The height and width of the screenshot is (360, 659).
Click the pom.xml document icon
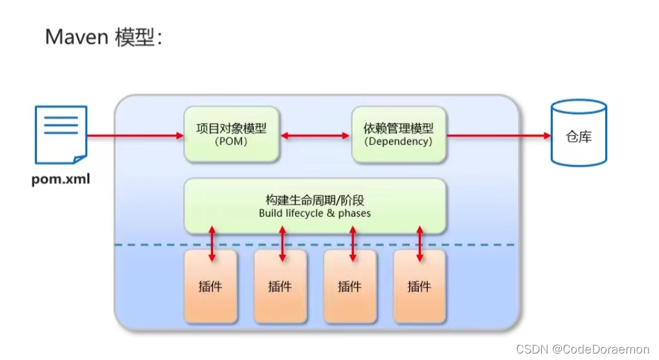(60, 135)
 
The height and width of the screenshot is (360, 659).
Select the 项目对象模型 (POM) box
(232, 135)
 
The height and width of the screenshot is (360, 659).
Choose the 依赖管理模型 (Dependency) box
(399, 135)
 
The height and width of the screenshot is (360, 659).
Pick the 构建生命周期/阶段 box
(315, 206)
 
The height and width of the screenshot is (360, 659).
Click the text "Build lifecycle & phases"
(315, 213)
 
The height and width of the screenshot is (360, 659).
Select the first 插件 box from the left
(210, 286)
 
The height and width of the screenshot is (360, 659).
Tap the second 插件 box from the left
(280, 286)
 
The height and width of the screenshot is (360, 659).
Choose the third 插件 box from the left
(350, 286)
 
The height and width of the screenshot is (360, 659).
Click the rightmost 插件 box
(419, 286)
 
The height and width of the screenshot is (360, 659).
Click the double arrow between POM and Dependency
(315, 136)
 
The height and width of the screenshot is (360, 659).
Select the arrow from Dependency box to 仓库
(498, 136)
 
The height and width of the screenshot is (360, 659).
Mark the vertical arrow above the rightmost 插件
(420, 243)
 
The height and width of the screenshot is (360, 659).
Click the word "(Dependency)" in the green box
(399, 141)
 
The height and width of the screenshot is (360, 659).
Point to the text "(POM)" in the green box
(231, 141)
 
